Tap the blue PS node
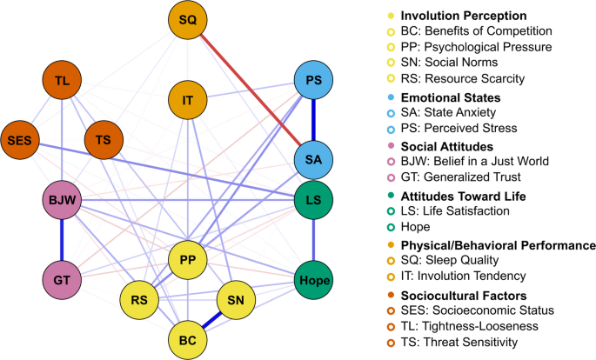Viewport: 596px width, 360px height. click(314, 80)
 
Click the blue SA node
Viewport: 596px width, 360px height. click(314, 159)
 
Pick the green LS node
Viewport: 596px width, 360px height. click(314, 200)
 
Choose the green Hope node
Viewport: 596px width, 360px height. click(314, 279)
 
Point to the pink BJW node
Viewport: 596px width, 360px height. click(64, 200)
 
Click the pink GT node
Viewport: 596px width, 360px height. click(64, 279)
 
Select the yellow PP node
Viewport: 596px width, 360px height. click(189, 260)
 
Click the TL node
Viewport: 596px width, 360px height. click(64, 80)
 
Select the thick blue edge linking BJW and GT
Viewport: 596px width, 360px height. click(64, 240)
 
